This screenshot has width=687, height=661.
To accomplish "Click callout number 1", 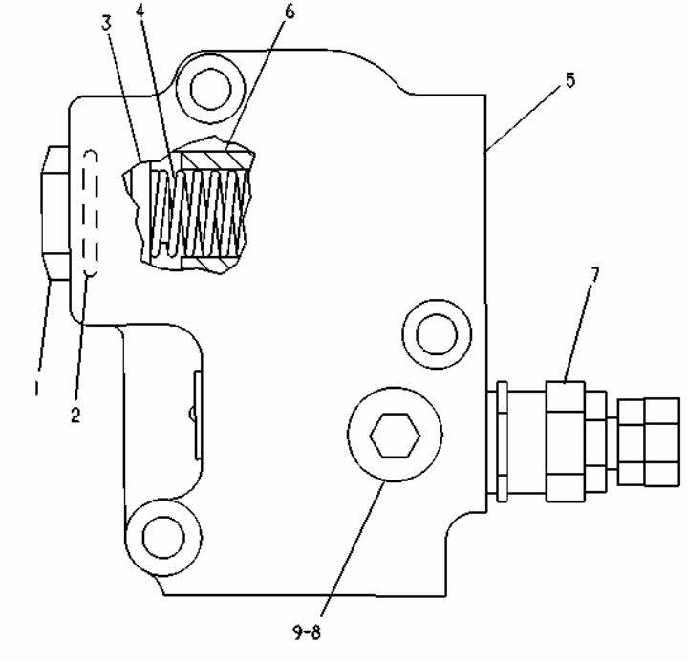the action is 37,388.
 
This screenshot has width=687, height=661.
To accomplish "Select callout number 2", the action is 75,414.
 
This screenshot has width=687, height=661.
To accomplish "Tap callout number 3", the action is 106,23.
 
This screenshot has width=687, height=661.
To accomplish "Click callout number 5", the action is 569,80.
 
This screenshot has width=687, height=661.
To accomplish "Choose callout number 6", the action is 290,11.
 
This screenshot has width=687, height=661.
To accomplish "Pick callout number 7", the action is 594,275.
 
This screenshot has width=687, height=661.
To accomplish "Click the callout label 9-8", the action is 307,632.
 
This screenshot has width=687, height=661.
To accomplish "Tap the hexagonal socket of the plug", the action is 395,436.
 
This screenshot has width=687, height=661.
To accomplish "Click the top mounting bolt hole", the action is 211,89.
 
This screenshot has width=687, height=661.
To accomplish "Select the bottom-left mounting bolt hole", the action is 163,537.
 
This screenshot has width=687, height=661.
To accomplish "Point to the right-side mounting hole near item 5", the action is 437,334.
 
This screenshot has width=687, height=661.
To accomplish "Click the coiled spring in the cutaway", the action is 200,213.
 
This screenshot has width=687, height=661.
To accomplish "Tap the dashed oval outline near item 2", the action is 90,214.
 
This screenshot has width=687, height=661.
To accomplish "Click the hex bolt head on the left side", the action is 55,213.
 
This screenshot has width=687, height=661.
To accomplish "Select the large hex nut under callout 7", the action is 566,441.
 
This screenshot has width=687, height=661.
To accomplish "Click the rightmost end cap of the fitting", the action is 649,441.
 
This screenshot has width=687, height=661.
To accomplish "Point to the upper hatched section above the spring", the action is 216,160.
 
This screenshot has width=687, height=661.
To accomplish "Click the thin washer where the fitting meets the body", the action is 502,441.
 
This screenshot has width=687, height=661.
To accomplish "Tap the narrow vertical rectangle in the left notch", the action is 198,416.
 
